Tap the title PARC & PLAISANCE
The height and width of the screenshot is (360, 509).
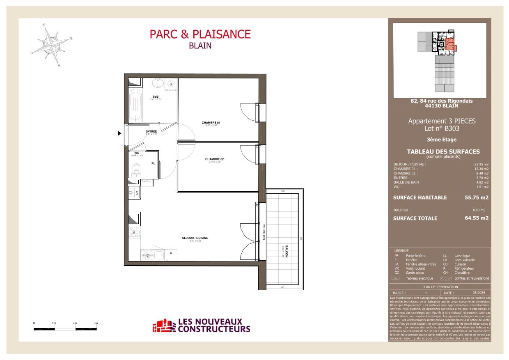point(200,34)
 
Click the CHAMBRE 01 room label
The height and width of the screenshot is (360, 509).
point(211,123)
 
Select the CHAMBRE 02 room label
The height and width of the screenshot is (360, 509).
point(214,159)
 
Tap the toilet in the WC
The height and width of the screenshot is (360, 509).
point(136,169)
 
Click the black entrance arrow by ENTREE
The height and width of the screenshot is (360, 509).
point(119,133)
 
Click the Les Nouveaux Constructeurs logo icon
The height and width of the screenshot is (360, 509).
point(163,326)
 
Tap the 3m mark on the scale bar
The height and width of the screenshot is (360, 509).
point(96,323)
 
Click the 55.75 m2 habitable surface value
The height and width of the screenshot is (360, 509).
point(476,197)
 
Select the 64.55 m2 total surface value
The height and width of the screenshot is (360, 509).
point(476,218)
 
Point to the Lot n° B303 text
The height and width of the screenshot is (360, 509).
point(441,128)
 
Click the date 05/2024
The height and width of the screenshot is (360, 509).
point(476,292)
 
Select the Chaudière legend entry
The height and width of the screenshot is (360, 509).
point(462,273)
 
